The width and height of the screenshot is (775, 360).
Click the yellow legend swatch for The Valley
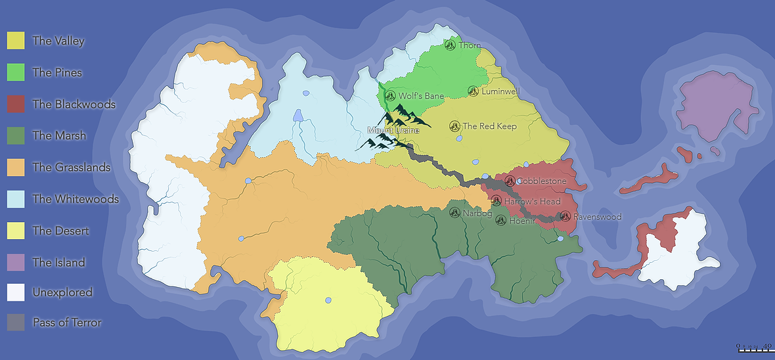tap(16, 41)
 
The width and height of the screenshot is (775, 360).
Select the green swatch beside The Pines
tap(16, 72)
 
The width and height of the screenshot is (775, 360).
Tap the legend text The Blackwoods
tap(74, 104)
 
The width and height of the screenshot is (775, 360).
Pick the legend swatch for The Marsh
tap(16, 136)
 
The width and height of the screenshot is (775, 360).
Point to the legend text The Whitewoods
tap(76, 199)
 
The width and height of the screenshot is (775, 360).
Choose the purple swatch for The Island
tap(16, 262)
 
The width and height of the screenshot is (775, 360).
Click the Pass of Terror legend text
tap(67, 323)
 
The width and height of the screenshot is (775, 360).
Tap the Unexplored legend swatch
tap(16, 292)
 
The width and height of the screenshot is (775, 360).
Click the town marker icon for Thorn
tap(450, 45)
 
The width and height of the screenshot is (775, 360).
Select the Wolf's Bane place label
tap(421, 96)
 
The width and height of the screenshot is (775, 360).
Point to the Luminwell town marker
tap(474, 91)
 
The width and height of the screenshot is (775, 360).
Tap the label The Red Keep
tap(489, 126)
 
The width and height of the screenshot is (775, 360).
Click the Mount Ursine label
tap(393, 130)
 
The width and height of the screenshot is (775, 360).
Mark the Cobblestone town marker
tap(510, 181)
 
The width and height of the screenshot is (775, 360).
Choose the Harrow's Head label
tap(532, 201)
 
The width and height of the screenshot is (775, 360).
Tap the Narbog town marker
tap(454, 212)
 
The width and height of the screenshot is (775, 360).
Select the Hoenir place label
tap(523, 221)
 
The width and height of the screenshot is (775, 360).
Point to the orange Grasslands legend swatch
tap(16, 168)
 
